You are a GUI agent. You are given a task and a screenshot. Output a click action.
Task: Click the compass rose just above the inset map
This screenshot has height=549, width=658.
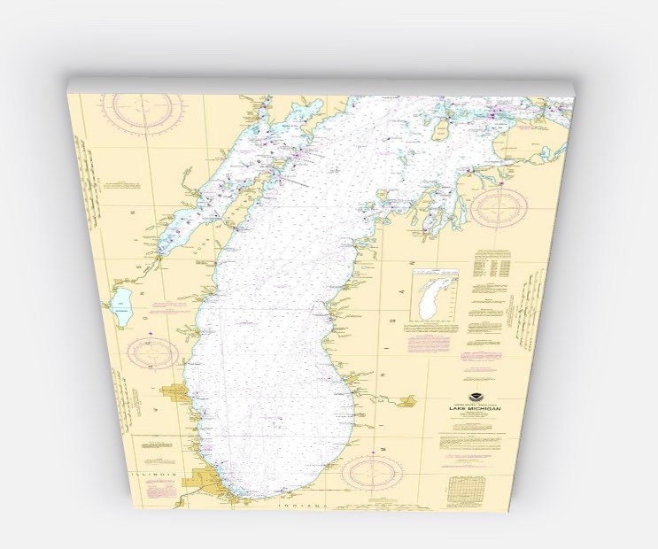499,209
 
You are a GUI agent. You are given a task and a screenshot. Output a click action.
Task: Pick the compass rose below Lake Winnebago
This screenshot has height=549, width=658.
152,352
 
